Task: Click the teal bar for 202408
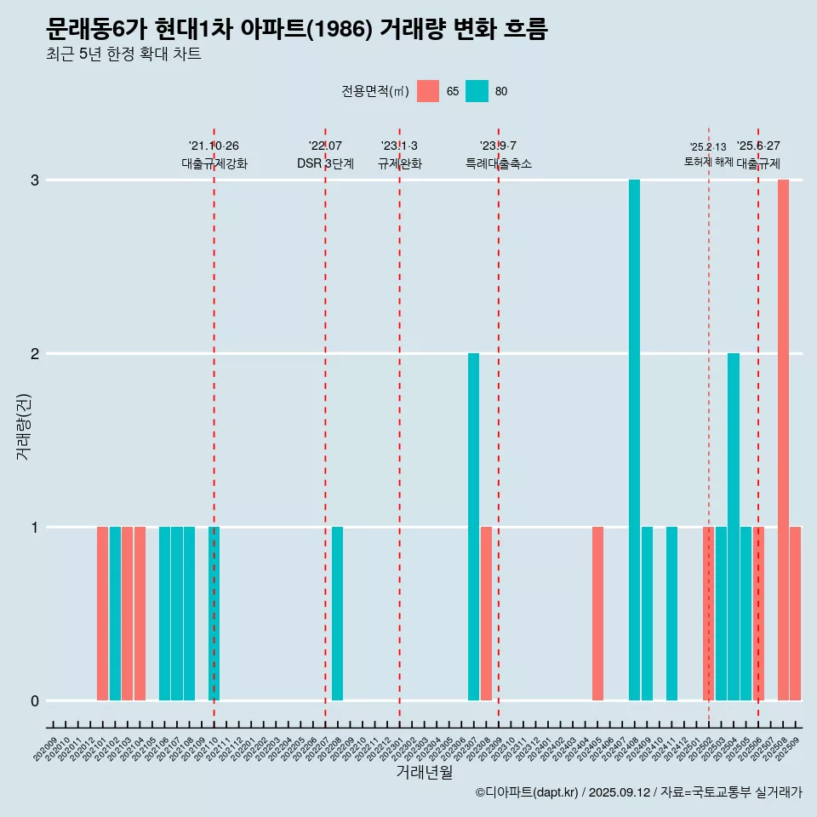tap(634, 440)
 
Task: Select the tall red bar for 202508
tap(783, 440)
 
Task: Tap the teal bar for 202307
tap(473, 527)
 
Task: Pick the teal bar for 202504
tap(734, 527)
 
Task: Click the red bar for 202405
tap(597, 614)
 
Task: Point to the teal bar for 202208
tap(338, 614)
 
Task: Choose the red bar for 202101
tap(102, 614)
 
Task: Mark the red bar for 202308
tap(486, 614)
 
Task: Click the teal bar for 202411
tap(671, 614)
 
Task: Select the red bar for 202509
tap(796, 614)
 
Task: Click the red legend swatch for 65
tap(428, 91)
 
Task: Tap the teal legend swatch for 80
tap(477, 91)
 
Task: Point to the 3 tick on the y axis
tap(36, 180)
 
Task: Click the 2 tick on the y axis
tap(36, 354)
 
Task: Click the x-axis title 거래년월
tap(424, 772)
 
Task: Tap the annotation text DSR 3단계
tap(325, 163)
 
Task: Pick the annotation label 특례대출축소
tap(499, 163)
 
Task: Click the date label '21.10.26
tap(214, 146)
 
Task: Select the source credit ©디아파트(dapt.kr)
tap(527, 792)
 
